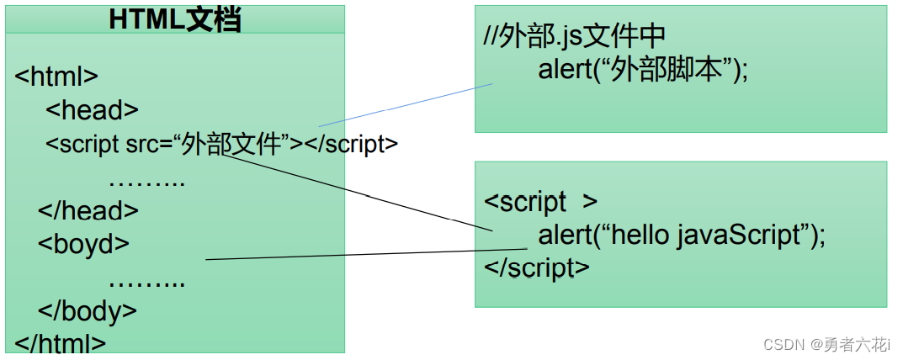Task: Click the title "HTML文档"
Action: tap(175, 19)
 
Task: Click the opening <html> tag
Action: tap(56, 77)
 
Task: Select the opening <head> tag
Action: tap(92, 110)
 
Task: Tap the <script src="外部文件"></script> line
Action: tap(221, 144)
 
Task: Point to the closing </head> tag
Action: tap(88, 210)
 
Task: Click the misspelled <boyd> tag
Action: tap(83, 244)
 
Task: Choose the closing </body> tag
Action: tap(87, 310)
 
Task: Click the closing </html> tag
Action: tap(61, 343)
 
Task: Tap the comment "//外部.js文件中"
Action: tap(575, 35)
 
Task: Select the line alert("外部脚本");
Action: tap(643, 70)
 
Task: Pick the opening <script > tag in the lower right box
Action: tap(540, 202)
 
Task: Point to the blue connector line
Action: tap(404, 106)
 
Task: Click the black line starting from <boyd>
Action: tap(362, 254)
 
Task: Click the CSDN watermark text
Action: tap(826, 344)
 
